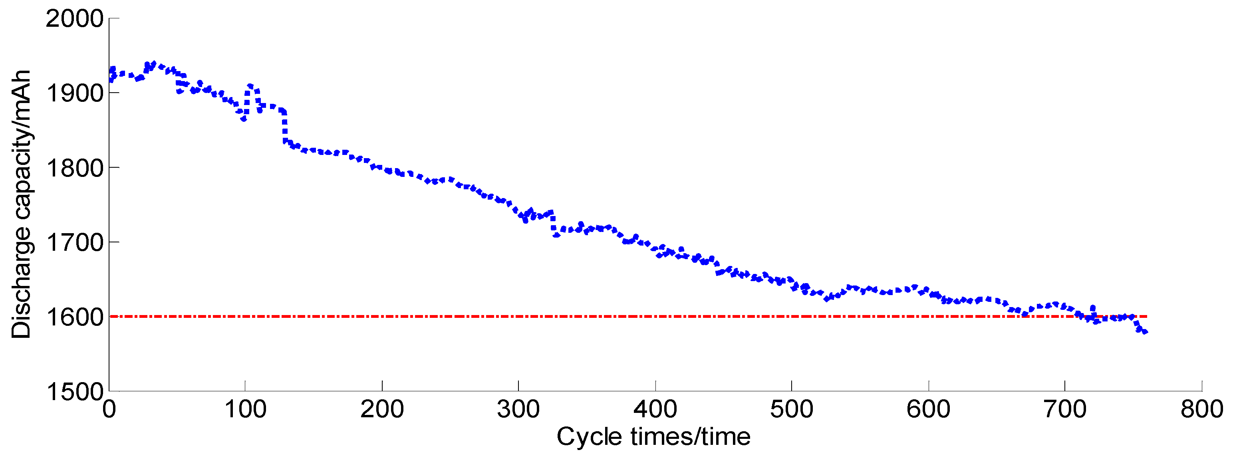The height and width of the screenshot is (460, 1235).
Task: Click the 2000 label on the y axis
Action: click(74, 19)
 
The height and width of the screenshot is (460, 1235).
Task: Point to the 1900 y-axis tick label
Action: click(74, 93)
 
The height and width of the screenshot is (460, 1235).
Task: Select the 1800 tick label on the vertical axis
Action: click(74, 168)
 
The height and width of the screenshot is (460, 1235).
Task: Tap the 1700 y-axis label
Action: click(74, 242)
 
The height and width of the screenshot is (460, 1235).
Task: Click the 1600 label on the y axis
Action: click(74, 317)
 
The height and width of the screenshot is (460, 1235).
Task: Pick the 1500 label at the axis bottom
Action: click(74, 391)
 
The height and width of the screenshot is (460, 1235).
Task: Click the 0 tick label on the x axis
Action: click(109, 410)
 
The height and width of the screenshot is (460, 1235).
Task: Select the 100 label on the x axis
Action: click(245, 410)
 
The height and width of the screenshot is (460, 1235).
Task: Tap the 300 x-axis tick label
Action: click(518, 410)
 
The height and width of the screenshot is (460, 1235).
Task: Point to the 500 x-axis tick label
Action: click(791, 410)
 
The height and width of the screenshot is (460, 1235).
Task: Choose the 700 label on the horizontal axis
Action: click(1064, 410)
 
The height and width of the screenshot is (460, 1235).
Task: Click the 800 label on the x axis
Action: click(1201, 410)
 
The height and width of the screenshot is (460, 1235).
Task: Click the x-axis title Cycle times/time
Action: click(653, 437)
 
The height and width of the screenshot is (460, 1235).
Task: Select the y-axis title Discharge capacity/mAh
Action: click(21, 204)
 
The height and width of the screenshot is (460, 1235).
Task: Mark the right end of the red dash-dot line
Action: click(1146, 316)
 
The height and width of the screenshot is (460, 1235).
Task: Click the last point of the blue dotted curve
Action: click(1145, 332)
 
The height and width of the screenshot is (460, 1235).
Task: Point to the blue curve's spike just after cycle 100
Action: click(250, 86)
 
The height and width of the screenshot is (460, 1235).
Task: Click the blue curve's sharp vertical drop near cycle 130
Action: click(285, 127)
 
